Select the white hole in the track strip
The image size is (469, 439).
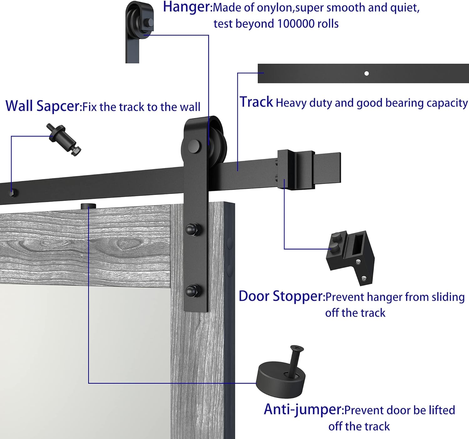(x=366, y=74)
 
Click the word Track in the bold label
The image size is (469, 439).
(x=256, y=102)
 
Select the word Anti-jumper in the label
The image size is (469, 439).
(x=303, y=409)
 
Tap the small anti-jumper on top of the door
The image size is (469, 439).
(x=88, y=206)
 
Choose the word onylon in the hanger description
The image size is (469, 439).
(x=274, y=8)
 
